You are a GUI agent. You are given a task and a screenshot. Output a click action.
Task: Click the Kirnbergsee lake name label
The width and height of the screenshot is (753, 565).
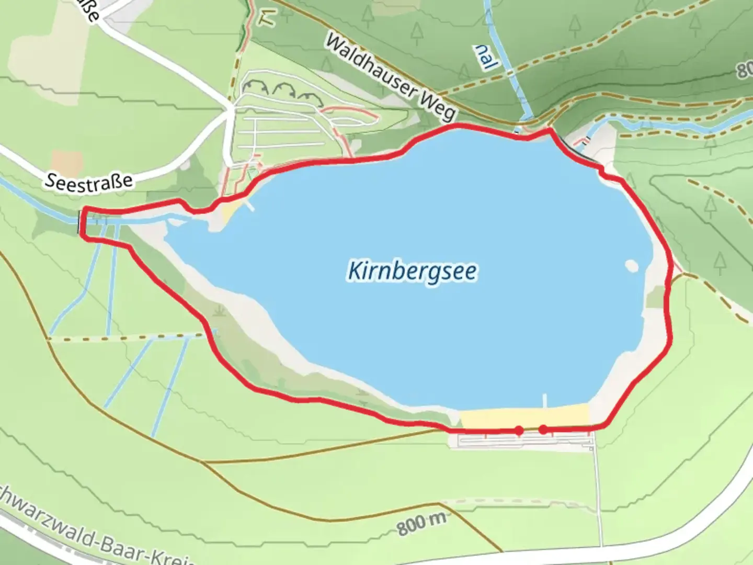412,272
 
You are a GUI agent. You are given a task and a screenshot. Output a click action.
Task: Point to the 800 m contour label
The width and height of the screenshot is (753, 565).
421,524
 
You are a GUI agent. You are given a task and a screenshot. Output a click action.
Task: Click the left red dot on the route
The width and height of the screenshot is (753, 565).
519,431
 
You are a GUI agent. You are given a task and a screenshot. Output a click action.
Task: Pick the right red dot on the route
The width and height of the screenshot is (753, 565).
543,430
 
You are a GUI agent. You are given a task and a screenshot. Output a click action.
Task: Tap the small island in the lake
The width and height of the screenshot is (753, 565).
631,266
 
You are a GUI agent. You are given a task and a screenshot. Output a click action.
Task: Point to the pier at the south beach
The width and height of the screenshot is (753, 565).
545,400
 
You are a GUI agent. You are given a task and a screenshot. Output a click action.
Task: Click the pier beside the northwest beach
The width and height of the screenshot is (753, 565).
250,206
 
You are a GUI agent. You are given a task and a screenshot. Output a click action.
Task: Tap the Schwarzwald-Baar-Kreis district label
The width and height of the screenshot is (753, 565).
94,534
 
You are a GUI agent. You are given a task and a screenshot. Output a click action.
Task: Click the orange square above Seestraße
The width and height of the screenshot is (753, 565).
67,163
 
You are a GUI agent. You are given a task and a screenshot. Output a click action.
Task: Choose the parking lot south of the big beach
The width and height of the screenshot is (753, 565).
523,441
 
